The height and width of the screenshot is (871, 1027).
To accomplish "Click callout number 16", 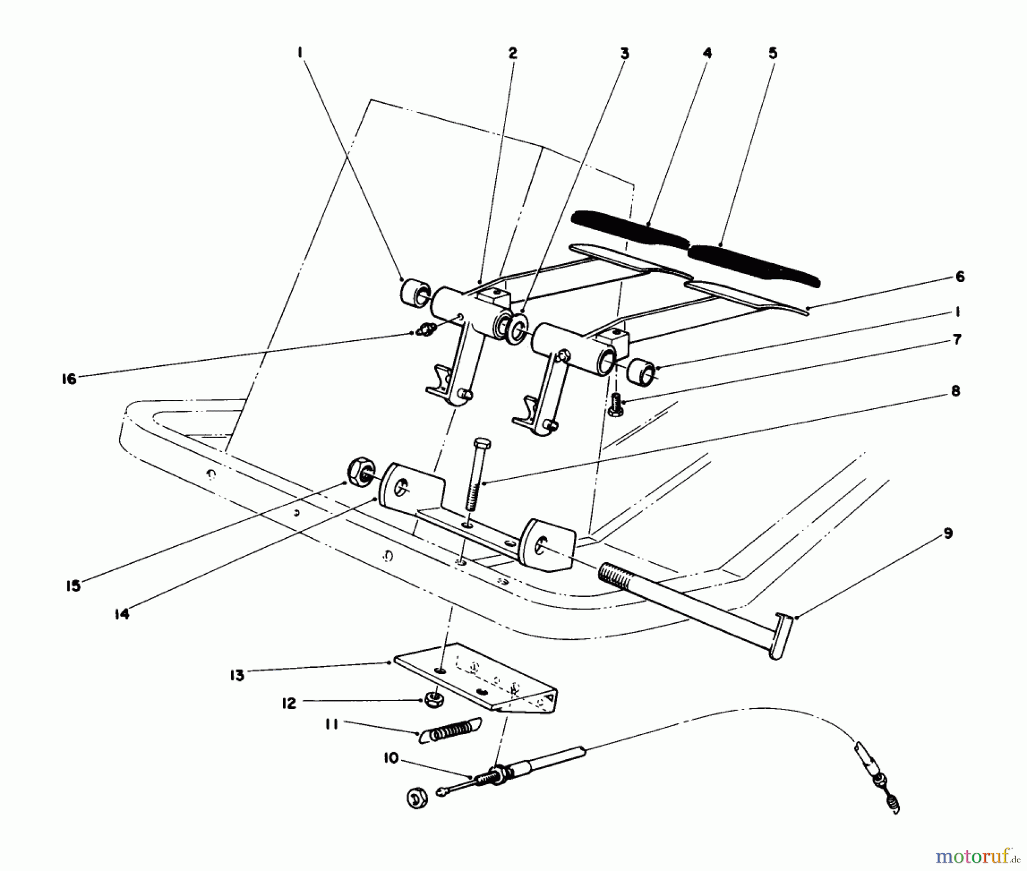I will click(x=69, y=379).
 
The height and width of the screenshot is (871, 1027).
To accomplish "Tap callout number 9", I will click(x=948, y=535).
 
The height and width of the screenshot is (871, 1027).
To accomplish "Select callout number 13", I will click(x=237, y=675).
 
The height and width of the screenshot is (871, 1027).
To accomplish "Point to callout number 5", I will click(x=773, y=53).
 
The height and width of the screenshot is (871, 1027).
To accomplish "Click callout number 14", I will click(x=122, y=614).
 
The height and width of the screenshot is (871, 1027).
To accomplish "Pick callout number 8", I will click(x=955, y=392).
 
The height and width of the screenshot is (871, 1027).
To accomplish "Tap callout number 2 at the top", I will click(x=512, y=53).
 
